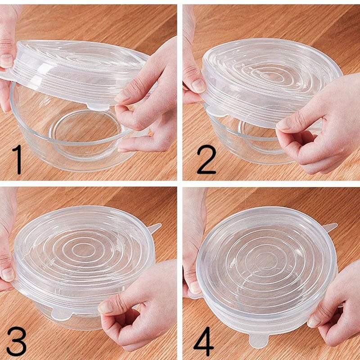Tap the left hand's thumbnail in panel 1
pos(6,60)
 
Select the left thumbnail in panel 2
pos(198,85)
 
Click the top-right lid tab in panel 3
pos(154,227)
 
